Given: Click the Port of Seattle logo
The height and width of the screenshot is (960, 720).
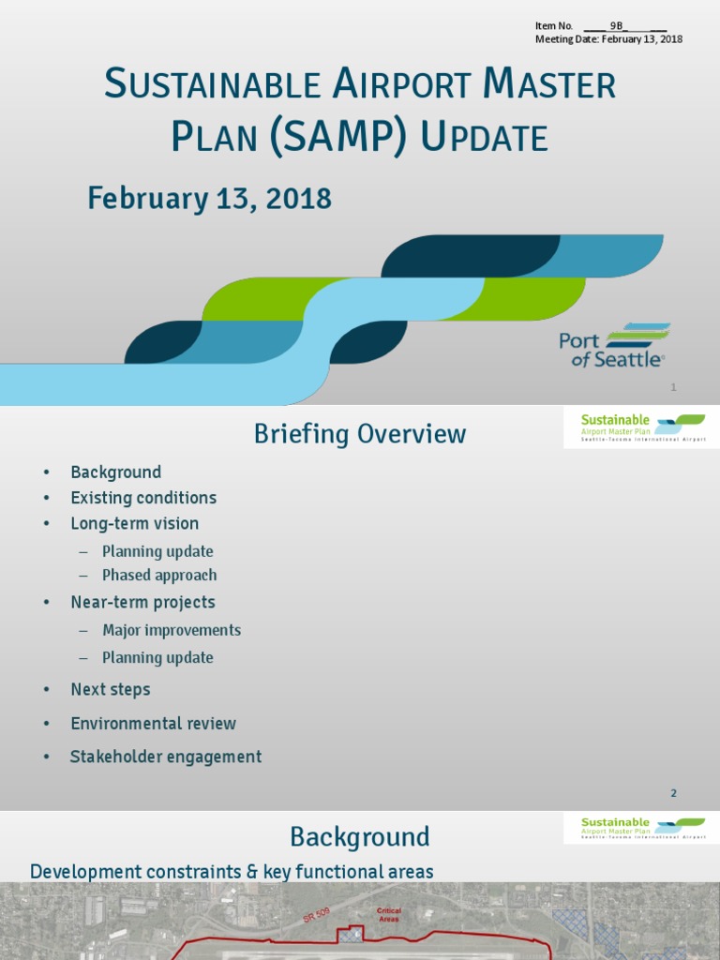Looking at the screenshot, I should pyautogui.click(x=614, y=347).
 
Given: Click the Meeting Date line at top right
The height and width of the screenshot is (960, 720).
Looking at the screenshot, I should pyautogui.click(x=608, y=39).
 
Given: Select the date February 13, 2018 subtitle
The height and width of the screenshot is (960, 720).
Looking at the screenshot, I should pyautogui.click(x=209, y=199).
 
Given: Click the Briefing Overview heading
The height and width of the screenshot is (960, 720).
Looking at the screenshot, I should pyautogui.click(x=360, y=434).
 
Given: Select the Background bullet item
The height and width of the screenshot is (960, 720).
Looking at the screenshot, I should pyautogui.click(x=115, y=472).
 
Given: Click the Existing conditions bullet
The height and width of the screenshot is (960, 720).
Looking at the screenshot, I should pyautogui.click(x=143, y=498).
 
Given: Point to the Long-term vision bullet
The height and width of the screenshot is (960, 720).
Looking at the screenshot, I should pyautogui.click(x=134, y=523).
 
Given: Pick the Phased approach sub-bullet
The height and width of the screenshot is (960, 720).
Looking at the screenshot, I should pyautogui.click(x=159, y=575).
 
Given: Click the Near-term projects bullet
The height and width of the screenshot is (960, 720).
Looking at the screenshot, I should pyautogui.click(x=142, y=602).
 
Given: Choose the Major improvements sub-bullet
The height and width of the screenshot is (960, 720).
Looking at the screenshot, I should pyautogui.click(x=172, y=630).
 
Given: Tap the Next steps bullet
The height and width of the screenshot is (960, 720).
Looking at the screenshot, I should pyautogui.click(x=110, y=689).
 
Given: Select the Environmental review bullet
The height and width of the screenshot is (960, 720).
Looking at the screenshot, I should pyautogui.click(x=153, y=723).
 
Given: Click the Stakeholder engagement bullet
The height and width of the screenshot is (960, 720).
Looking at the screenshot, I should pyautogui.click(x=166, y=757).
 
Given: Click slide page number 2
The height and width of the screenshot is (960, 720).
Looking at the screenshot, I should pyautogui.click(x=673, y=793).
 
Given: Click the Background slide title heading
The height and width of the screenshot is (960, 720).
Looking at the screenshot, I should pyautogui.click(x=359, y=836).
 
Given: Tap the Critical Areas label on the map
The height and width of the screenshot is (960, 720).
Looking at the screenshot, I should pyautogui.click(x=389, y=914).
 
